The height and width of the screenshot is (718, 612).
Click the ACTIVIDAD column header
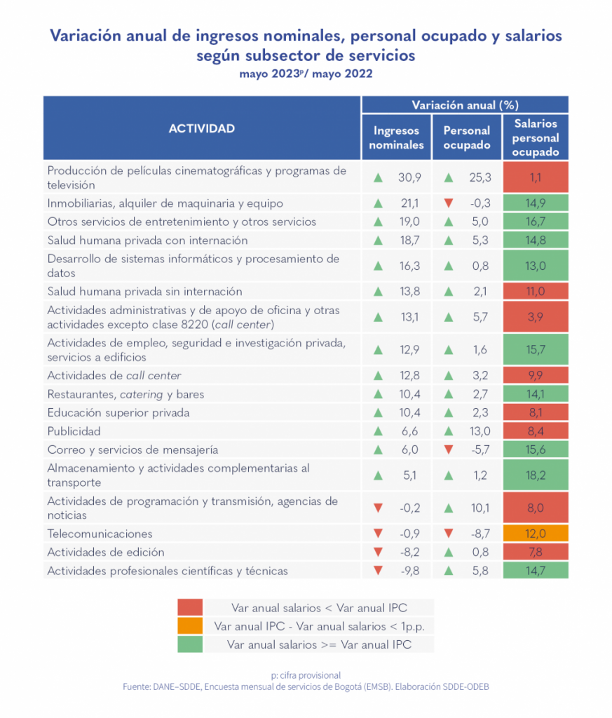coord(202,129)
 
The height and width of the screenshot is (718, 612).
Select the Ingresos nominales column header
coord(397,137)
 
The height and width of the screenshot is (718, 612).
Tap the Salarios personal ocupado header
coord(536,137)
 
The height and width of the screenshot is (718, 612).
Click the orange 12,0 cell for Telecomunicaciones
coord(536,534)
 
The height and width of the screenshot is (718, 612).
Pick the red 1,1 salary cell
coord(536,177)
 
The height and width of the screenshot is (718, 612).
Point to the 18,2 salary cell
coord(536,475)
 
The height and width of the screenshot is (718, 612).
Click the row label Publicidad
coord(74,431)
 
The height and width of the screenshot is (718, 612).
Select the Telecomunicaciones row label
coord(100,534)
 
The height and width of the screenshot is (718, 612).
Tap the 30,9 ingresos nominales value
coord(409,177)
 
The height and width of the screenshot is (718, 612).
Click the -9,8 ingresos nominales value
coord(408,571)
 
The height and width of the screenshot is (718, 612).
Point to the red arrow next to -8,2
coord(379,552)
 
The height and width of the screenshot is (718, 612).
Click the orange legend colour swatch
coord(190,625)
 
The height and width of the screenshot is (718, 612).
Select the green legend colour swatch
coord(190,644)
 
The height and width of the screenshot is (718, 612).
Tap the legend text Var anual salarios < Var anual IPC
coord(319,607)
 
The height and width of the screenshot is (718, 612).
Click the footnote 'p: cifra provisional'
coord(306,675)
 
